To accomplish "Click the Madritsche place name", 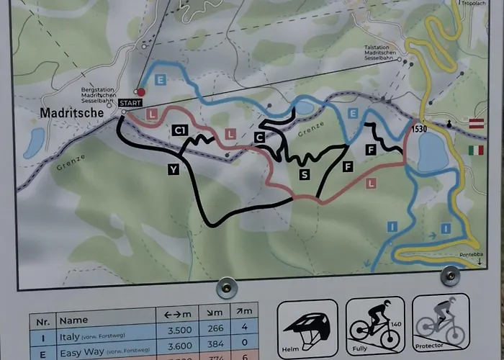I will pos(71,114).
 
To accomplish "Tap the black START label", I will pos(130,104).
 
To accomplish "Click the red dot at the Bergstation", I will pos(141,91).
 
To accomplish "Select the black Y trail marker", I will pos(173,170).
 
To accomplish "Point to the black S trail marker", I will pos(305,174).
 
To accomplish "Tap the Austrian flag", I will pos(476,124).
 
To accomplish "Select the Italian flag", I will pos(476,150).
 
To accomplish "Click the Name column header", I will pos(73,319).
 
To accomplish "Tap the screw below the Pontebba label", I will pos(451,276).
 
